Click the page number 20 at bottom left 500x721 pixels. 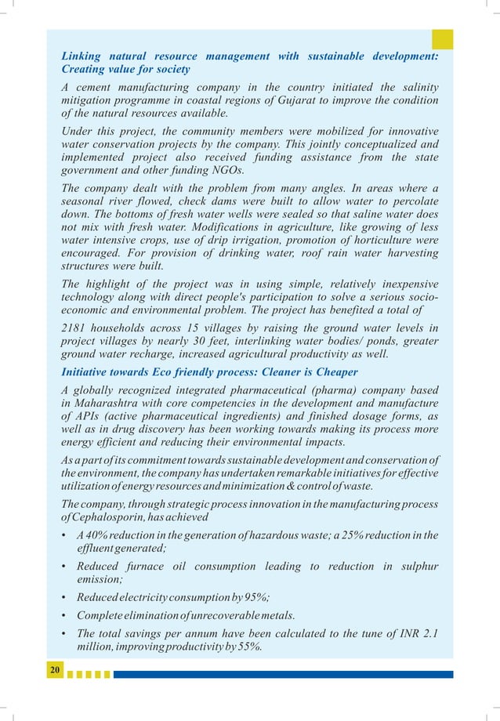click(x=55, y=670)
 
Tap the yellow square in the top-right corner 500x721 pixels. click(x=443, y=39)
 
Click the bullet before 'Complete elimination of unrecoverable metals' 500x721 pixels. click(x=64, y=615)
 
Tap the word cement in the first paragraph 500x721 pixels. click(x=98, y=85)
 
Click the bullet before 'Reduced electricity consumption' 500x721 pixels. click(x=64, y=596)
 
